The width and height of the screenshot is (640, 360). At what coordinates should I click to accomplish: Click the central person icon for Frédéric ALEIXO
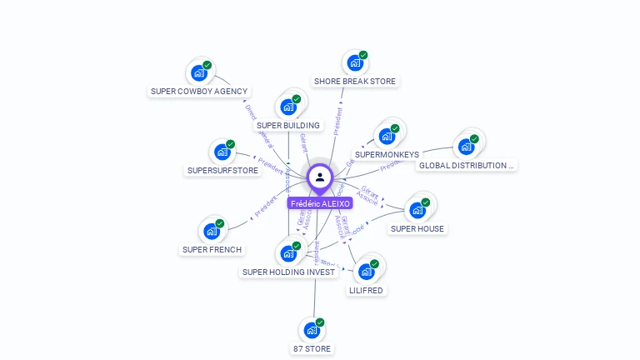tap(320, 177)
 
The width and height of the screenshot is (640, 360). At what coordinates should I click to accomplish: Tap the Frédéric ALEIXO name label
tap(320, 203)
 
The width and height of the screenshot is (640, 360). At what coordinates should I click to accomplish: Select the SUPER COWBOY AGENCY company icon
tap(198, 72)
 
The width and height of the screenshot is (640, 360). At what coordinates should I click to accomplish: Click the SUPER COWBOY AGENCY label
tap(199, 92)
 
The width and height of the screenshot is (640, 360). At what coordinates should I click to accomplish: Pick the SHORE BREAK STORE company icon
tap(355, 62)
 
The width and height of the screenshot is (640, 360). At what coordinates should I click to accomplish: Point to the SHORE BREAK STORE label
tap(355, 82)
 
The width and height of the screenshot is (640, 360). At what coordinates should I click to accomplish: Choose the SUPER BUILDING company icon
tap(288, 107)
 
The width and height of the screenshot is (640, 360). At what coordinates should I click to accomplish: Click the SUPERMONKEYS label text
tap(387, 155)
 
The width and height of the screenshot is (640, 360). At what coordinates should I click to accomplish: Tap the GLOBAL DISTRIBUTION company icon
tap(467, 147)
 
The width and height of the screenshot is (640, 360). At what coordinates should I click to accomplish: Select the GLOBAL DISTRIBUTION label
tap(467, 166)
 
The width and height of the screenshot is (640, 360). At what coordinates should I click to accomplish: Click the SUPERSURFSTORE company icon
tap(222, 152)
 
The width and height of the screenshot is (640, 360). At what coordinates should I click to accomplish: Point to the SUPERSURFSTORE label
tap(222, 171)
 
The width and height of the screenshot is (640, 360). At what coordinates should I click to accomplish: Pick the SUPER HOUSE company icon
tap(417, 209)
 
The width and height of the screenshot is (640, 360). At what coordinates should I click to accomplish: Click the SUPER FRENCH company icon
tap(212, 231)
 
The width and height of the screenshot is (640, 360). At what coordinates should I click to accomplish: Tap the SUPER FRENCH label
tap(212, 250)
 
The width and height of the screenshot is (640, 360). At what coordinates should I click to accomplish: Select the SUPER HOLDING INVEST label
tap(288, 272)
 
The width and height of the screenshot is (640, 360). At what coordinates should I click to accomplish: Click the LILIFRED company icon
tap(366, 272)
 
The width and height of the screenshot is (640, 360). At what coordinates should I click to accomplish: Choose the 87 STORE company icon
tap(312, 330)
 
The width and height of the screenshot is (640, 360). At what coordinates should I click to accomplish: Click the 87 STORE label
tap(312, 349)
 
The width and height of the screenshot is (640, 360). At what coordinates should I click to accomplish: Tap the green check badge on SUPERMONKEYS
tap(395, 128)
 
